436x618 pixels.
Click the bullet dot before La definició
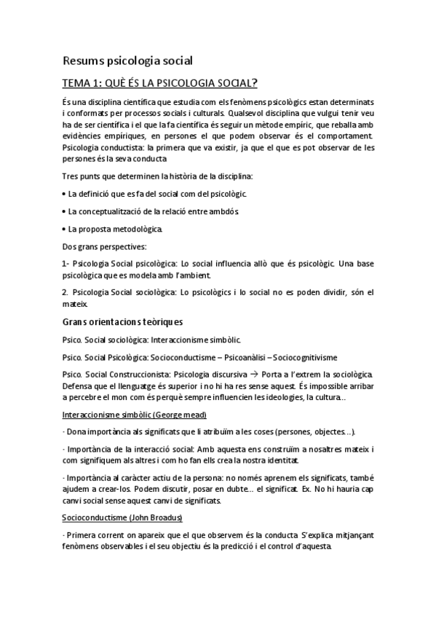pyautogui.click(x=63, y=194)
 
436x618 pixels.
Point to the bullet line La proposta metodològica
pyautogui.click(x=115, y=229)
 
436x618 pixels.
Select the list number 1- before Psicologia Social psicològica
pyautogui.click(x=66, y=264)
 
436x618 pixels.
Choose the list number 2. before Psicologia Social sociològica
pyautogui.click(x=66, y=292)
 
